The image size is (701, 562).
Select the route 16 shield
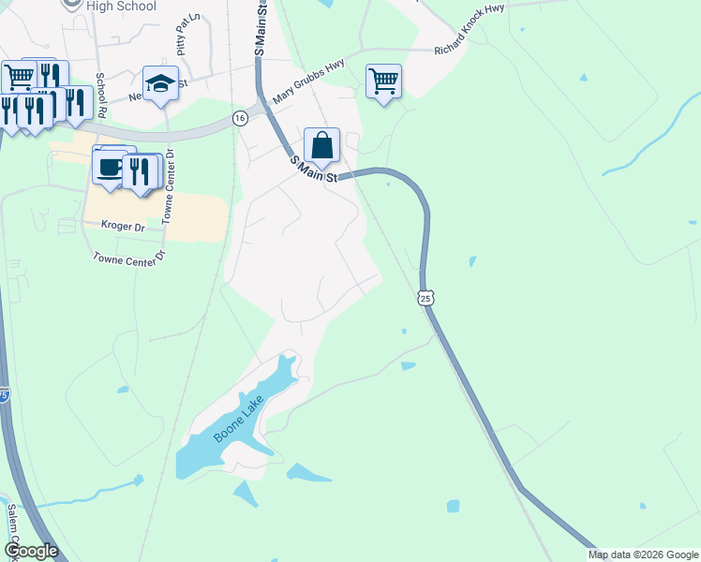[x=241, y=118]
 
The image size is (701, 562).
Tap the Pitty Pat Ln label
[x=182, y=34]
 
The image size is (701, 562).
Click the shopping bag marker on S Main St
[x=321, y=145]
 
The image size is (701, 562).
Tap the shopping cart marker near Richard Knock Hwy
[x=383, y=81]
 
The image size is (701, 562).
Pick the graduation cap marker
[x=161, y=82]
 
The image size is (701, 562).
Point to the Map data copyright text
[x=643, y=555]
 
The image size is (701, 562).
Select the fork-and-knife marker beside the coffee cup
[x=139, y=170]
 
